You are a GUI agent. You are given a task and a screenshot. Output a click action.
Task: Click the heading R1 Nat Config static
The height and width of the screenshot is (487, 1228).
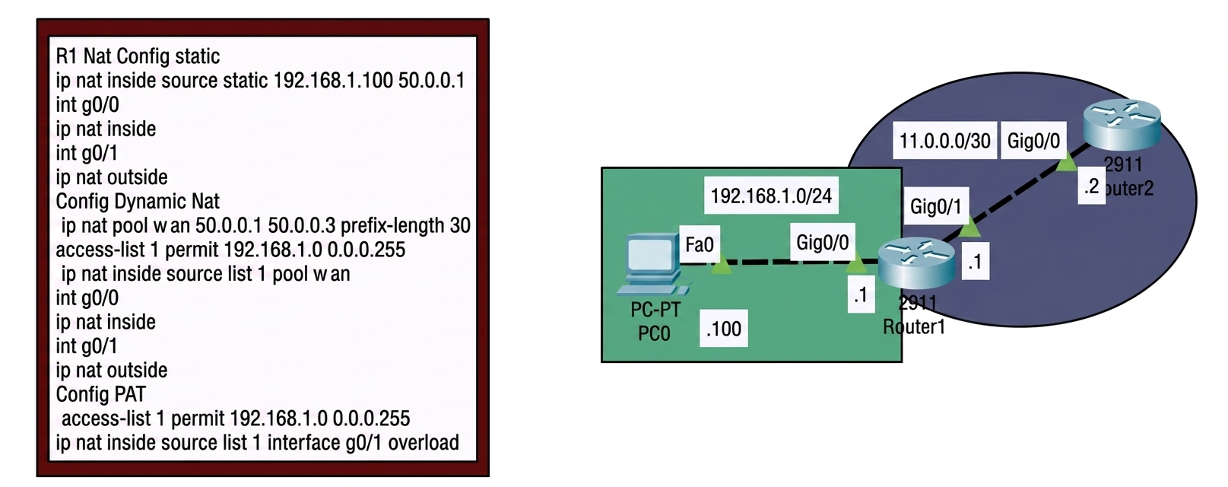click(x=138, y=56)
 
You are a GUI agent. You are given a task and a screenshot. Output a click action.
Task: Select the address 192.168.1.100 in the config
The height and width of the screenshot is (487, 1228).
click(x=333, y=81)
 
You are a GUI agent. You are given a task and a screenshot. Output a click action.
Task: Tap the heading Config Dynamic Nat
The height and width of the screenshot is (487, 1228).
click(x=138, y=202)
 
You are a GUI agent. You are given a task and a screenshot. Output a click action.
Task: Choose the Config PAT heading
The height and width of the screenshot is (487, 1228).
click(x=101, y=394)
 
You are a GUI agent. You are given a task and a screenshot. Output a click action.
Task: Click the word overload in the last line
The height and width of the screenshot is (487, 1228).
click(x=424, y=443)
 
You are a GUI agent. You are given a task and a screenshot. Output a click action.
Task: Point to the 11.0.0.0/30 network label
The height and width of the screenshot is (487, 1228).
click(x=944, y=141)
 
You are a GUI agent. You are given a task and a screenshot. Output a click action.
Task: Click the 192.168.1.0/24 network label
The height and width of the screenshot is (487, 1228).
click(x=771, y=196)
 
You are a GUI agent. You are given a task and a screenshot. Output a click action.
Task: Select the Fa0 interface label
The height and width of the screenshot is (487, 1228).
click(x=700, y=244)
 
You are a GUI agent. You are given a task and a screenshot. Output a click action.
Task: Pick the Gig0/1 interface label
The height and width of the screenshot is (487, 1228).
click(x=936, y=206)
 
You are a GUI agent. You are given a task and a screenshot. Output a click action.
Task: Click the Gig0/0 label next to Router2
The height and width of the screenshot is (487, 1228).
click(x=1033, y=141)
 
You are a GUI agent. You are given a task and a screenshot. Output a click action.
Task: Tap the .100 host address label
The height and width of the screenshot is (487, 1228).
click(x=724, y=329)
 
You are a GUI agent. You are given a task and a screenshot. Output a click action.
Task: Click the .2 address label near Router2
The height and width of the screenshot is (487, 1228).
click(x=1091, y=187)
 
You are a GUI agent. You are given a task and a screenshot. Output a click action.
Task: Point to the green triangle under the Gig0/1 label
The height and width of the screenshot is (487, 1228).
click(x=969, y=227)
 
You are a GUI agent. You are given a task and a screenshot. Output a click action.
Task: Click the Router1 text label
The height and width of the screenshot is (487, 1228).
click(x=914, y=327)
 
